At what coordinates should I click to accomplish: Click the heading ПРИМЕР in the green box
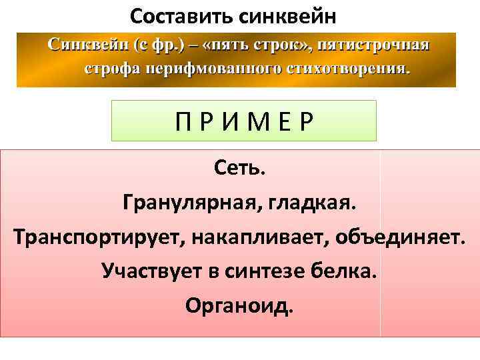243,122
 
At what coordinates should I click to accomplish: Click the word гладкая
313,202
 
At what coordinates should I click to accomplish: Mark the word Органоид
239,307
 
